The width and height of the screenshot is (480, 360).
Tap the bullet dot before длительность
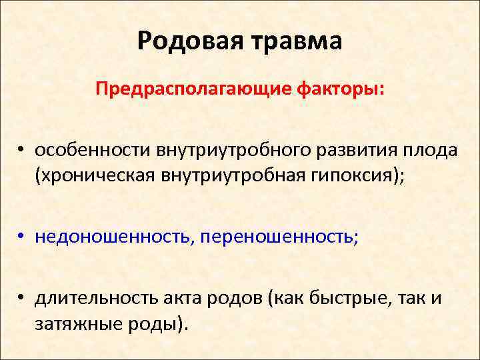click(x=22, y=298)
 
